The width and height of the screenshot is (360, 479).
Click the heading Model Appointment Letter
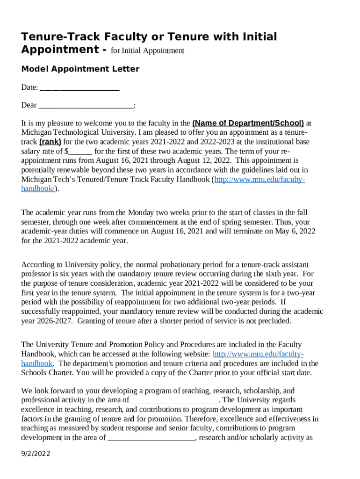coord(80,69)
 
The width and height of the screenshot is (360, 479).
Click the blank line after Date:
coord(80,87)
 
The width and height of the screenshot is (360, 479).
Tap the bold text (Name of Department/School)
coord(248,123)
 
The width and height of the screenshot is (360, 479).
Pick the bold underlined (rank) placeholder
coord(50,142)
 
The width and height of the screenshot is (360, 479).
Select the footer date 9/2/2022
coord(36,454)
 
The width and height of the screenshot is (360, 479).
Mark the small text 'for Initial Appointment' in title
coord(147,51)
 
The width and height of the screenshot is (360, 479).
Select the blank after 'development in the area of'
coord(151,437)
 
